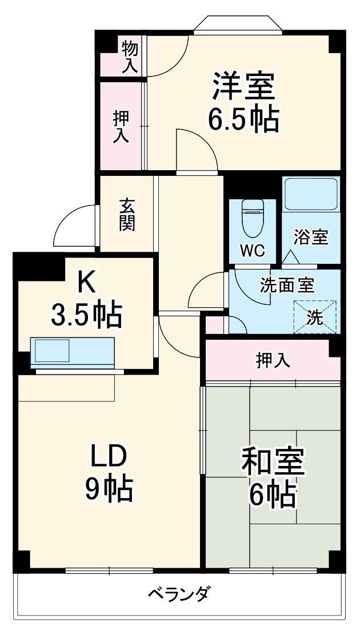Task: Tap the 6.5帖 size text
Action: coord(243,119)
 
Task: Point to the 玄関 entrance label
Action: coord(127,214)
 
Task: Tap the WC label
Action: coord(252,252)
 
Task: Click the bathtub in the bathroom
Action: coord(311,194)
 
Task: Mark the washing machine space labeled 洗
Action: coord(315,316)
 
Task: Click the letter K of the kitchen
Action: coord(86,280)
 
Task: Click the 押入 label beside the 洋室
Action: coord(121,126)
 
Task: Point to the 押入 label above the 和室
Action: coord(273,360)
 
